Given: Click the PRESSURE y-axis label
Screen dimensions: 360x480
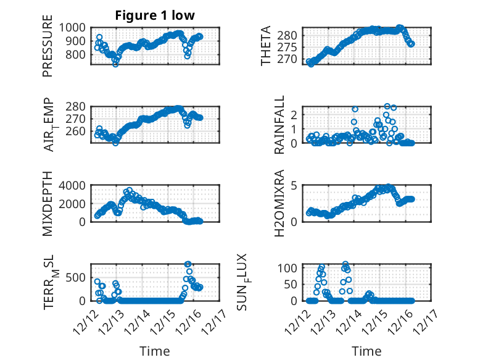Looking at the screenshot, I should tap(48, 51).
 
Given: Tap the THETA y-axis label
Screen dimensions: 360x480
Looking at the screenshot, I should tap(266, 46).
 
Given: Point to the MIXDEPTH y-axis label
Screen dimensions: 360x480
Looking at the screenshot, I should tap(48, 204).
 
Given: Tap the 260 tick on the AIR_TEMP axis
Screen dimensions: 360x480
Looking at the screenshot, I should tap(78, 132).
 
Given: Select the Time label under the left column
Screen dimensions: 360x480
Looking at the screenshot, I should tap(154, 351).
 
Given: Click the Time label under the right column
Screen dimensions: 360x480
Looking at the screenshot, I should tap(366, 351).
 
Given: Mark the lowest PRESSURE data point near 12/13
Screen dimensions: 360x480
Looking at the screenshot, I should tap(115, 64).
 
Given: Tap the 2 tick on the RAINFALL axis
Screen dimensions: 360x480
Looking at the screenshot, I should tap(301, 114).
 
